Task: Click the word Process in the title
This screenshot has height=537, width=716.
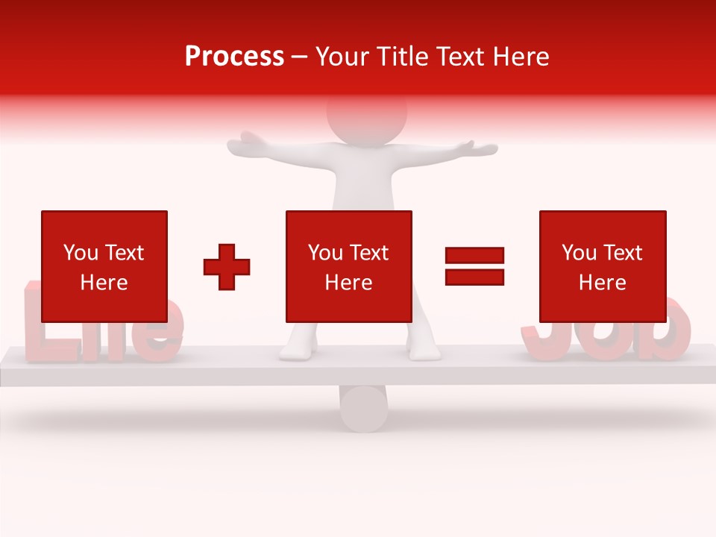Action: tap(234, 57)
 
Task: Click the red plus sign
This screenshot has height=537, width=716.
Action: tap(227, 266)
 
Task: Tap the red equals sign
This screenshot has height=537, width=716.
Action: tap(474, 266)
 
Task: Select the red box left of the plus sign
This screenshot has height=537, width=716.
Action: tap(104, 266)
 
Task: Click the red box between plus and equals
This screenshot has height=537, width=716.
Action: tap(348, 266)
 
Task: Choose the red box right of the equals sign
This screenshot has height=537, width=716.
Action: tap(602, 266)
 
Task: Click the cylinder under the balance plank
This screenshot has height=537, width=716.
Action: tap(363, 408)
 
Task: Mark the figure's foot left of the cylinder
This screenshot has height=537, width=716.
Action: tap(298, 352)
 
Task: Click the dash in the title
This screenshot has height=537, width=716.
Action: tap(300, 57)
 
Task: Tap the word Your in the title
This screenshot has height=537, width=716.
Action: tap(342, 57)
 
